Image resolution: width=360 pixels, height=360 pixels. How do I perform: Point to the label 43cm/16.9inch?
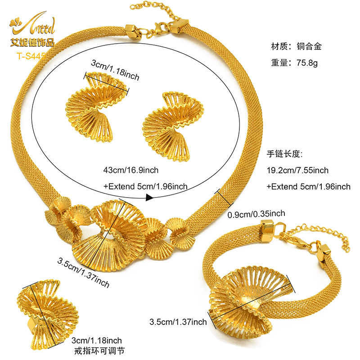click(130, 170)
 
